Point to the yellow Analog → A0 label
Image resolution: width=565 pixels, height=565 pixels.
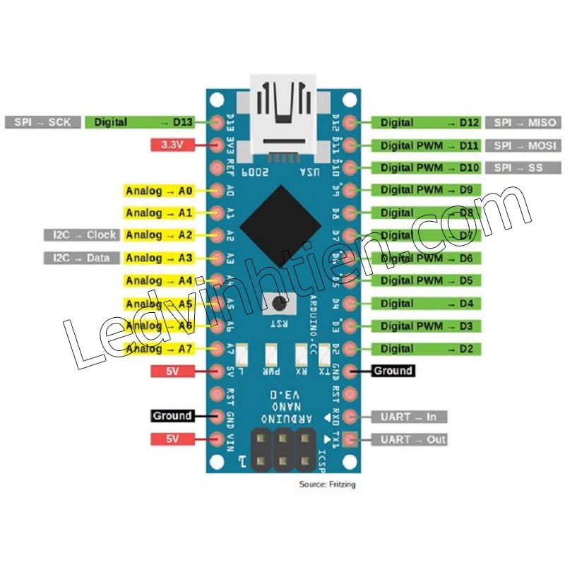click(159, 190)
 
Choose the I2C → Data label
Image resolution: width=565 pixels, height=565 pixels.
click(81, 258)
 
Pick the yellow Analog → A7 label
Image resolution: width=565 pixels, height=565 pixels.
click(159, 349)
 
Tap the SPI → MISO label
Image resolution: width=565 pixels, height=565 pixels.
click(525, 123)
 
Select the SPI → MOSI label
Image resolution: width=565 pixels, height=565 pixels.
click(525, 145)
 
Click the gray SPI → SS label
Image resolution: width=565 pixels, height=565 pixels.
click(524, 168)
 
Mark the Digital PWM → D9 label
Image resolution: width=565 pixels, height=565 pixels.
click(426, 190)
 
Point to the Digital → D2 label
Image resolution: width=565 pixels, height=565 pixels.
click(426, 349)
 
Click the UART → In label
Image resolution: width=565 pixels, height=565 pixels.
click(409, 417)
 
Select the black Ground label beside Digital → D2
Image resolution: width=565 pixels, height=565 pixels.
click(392, 371)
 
